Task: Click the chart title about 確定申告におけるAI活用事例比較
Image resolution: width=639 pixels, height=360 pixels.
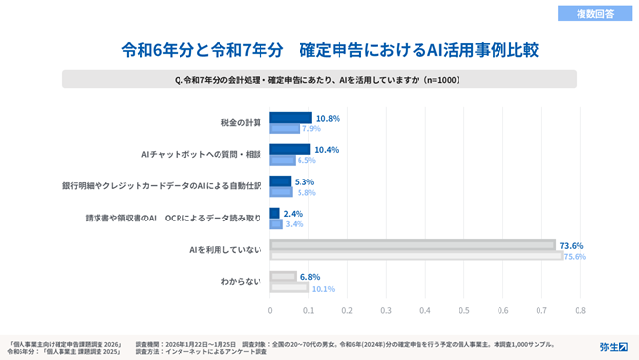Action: [329, 49]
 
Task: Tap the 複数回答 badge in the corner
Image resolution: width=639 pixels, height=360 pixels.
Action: [593, 13]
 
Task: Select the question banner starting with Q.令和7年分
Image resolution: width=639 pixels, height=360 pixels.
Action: [329, 80]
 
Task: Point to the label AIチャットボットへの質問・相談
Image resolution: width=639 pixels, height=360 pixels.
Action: [202, 154]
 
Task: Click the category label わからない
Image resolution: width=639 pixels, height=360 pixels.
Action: [240, 282]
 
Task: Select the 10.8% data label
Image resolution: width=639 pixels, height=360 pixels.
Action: [327, 118]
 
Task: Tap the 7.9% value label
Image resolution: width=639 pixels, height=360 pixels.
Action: [311, 129]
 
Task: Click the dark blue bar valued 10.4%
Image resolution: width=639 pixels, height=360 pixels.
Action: [290, 150]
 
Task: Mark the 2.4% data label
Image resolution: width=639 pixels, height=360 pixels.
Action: [293, 213]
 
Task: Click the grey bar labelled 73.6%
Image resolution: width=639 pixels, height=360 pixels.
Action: [412, 245]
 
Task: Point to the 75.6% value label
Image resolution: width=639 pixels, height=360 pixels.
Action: [575, 257]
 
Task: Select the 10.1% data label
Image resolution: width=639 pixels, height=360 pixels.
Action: [322, 288]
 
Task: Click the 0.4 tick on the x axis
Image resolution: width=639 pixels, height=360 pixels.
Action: [424, 310]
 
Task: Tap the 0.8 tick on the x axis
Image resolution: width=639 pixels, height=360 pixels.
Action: [579, 310]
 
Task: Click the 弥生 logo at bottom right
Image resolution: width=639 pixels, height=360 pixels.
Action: [613, 346]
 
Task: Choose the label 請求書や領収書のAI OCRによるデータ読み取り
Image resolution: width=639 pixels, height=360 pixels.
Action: [173, 218]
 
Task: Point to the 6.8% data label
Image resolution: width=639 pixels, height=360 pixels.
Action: [309, 277]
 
